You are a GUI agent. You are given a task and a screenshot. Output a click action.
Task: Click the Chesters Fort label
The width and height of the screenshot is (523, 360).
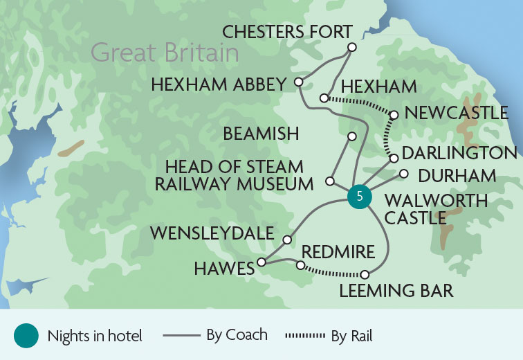[287, 32]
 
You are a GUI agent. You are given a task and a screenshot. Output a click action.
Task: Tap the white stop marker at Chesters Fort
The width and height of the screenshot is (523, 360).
[351, 47]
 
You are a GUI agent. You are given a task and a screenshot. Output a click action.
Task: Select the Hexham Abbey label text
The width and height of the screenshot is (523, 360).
[218, 84]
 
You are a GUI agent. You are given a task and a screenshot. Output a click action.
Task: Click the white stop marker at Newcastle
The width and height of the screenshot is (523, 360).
[393, 115]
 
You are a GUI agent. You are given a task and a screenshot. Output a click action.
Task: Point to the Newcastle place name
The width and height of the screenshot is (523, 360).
[456, 113]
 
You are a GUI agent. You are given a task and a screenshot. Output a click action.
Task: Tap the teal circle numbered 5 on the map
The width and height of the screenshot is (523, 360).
[358, 197]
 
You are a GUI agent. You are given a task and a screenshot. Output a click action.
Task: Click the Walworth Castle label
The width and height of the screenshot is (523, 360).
[436, 209]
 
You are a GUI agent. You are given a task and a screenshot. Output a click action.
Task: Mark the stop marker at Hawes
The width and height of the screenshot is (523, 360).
[261, 262]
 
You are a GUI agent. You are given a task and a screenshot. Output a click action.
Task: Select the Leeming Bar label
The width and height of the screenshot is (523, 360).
[396, 291]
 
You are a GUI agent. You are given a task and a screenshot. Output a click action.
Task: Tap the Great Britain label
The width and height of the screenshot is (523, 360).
[165, 53]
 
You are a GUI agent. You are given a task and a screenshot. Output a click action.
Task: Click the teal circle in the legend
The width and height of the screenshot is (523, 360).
[26, 336]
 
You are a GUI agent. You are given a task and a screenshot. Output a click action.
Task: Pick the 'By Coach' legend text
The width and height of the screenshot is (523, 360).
[237, 335]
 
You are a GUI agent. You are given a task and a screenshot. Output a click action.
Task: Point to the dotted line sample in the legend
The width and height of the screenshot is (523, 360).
[305, 336]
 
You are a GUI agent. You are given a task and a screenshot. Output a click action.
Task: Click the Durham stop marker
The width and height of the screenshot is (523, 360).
[403, 174]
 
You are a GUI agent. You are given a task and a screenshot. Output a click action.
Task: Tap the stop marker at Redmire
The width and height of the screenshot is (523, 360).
[300, 265]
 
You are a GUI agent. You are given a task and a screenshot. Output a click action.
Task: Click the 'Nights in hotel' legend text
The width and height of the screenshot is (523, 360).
[95, 336]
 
